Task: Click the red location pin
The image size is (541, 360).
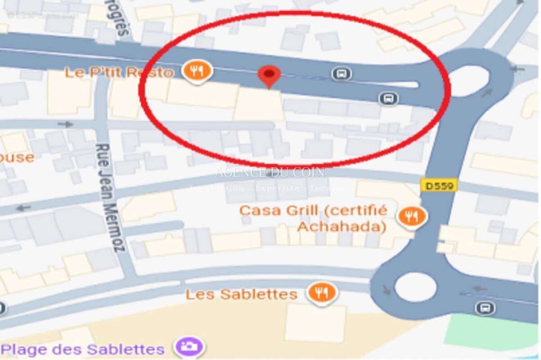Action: pyautogui.click(x=269, y=75)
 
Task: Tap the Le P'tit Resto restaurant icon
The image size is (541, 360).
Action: pyautogui.click(x=197, y=71)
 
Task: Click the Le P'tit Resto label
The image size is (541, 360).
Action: pyautogui.click(x=119, y=72)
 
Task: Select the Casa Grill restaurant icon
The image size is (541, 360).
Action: pyautogui.click(x=412, y=216)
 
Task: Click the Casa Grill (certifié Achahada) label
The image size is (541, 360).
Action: pyautogui.click(x=313, y=218)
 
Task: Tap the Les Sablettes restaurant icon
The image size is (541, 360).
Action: pyautogui.click(x=322, y=293)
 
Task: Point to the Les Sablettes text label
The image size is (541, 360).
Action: pyautogui.click(x=242, y=295)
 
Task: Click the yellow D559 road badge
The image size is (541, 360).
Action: pyautogui.click(x=439, y=185)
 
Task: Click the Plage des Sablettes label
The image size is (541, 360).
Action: pyautogui.click(x=83, y=349)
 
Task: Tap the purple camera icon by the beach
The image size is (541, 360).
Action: pyautogui.click(x=189, y=347)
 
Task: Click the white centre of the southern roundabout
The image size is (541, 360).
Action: pyautogui.click(x=416, y=287)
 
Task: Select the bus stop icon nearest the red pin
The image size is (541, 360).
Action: pyautogui.click(x=341, y=73)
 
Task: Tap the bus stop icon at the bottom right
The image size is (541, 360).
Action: pyautogui.click(x=485, y=308)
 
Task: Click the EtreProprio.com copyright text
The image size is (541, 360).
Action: pyautogui.click(x=43, y=16)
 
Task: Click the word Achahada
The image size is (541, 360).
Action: pyautogui.click(x=342, y=226)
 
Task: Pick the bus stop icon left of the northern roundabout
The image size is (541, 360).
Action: pyautogui.click(x=388, y=98)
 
